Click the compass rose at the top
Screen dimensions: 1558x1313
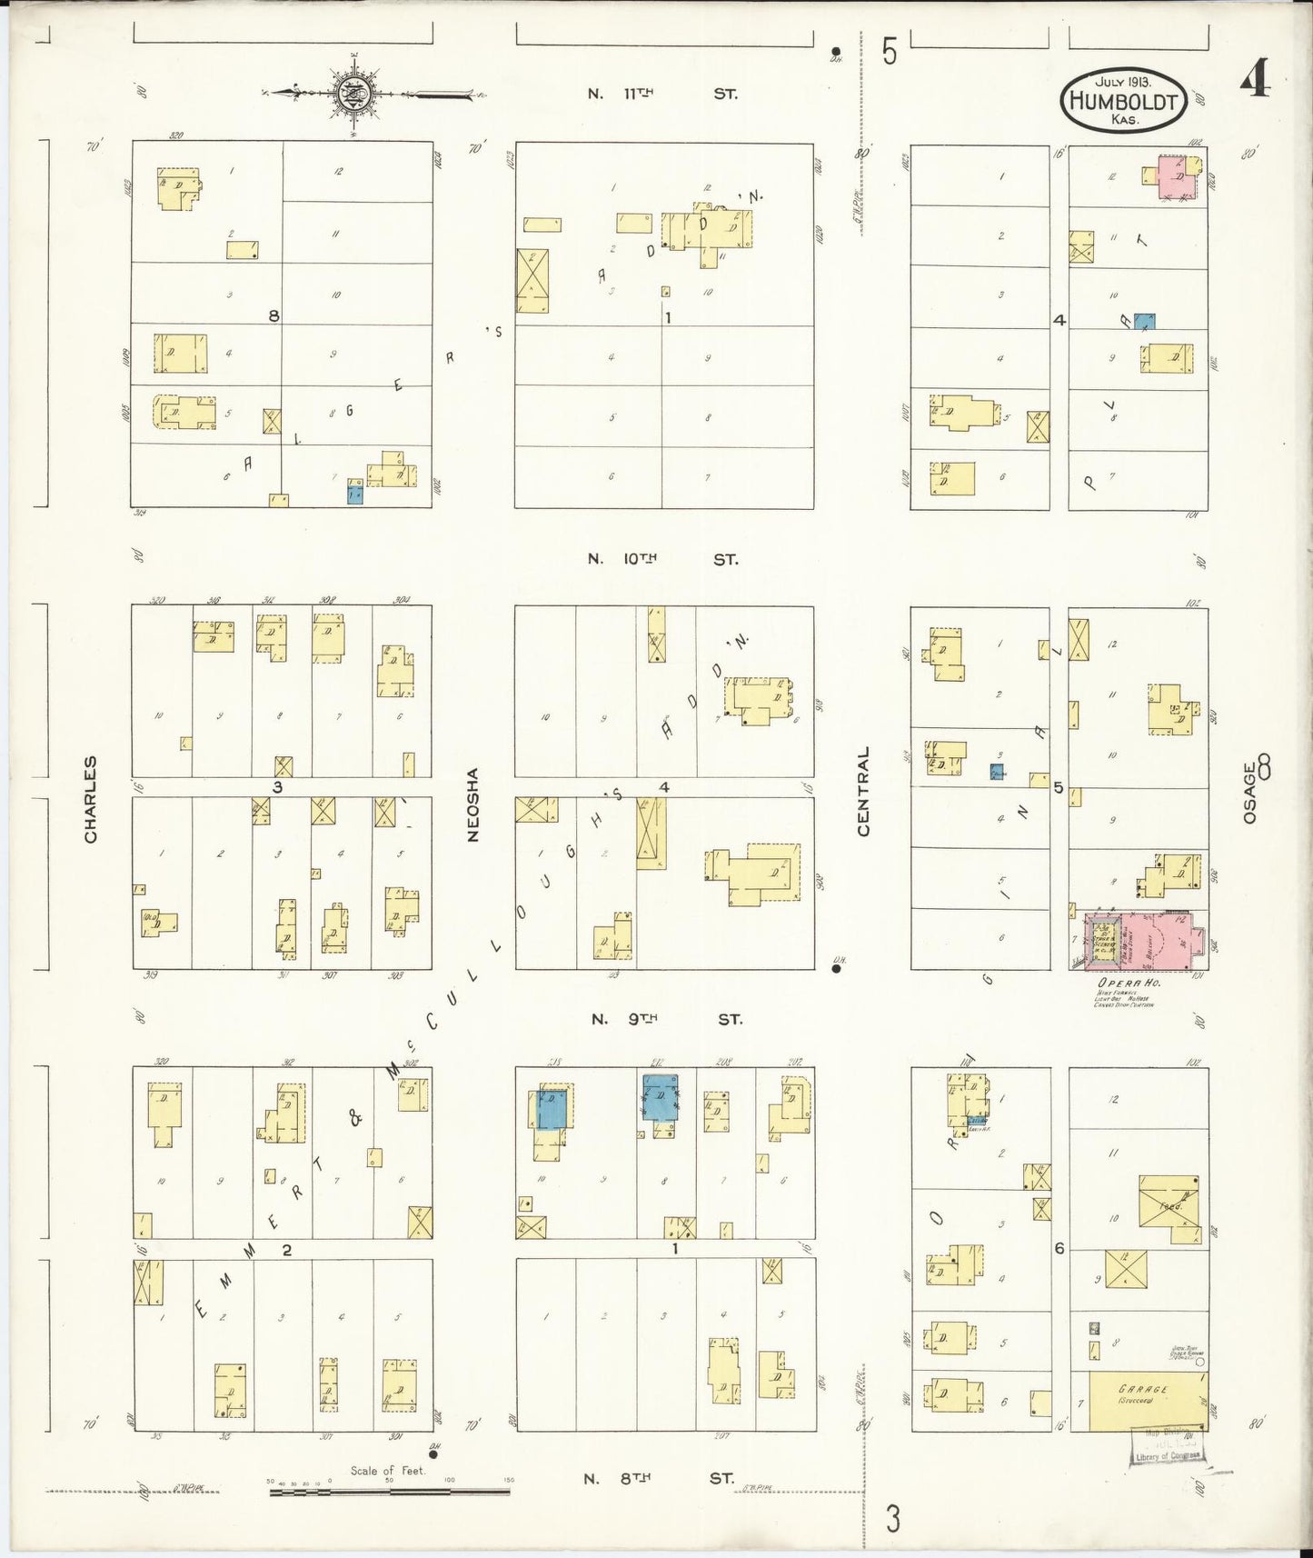point(352,93)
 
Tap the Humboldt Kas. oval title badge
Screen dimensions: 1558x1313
point(1124,101)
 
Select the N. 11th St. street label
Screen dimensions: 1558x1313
point(661,94)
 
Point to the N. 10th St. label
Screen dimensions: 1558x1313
point(661,560)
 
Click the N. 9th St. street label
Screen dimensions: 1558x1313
point(665,1019)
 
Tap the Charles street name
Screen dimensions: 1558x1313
point(91,799)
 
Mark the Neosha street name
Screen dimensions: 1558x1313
point(472,805)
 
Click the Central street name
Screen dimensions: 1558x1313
point(863,792)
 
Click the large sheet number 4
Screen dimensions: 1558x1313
point(1254,82)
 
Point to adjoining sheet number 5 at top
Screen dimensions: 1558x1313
point(889,52)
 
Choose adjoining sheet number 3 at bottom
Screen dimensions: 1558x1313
point(893,1518)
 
